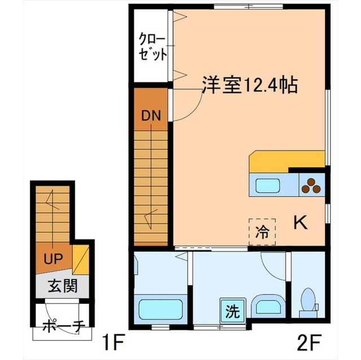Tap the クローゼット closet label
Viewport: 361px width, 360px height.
tap(153, 47)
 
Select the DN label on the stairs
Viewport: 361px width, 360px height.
tap(151, 117)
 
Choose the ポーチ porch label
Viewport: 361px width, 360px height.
tap(63, 326)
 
